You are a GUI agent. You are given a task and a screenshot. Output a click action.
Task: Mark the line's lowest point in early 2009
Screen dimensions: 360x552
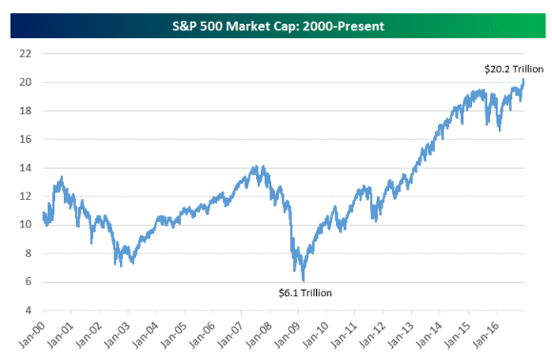point(303,280)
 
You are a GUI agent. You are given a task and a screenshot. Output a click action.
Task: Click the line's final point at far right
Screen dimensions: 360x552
point(523,79)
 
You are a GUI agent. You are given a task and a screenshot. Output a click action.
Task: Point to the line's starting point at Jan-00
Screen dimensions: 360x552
point(43,214)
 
